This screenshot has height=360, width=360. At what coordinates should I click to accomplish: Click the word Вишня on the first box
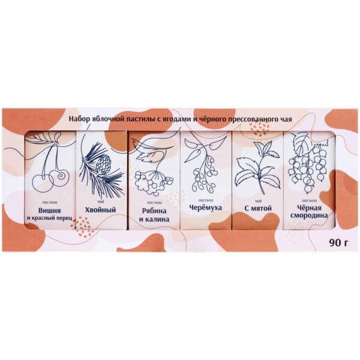tap(50, 211)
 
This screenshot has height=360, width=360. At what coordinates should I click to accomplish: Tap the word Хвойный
tap(100, 210)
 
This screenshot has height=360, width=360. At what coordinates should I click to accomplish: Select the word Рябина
tap(154, 211)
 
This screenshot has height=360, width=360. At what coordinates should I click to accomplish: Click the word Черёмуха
tap(205, 208)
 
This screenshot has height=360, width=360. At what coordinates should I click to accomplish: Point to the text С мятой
tap(258, 208)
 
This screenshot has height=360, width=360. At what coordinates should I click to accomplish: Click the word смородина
tap(309, 216)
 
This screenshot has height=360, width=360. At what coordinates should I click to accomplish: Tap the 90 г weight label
tap(339, 242)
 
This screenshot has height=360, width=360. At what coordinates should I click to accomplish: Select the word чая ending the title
tap(286, 119)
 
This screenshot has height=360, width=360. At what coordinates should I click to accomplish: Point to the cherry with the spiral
tap(59, 178)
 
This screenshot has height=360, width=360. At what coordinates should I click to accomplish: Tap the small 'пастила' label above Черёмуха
tap(205, 200)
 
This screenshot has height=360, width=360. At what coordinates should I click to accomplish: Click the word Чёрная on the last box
tap(309, 208)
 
